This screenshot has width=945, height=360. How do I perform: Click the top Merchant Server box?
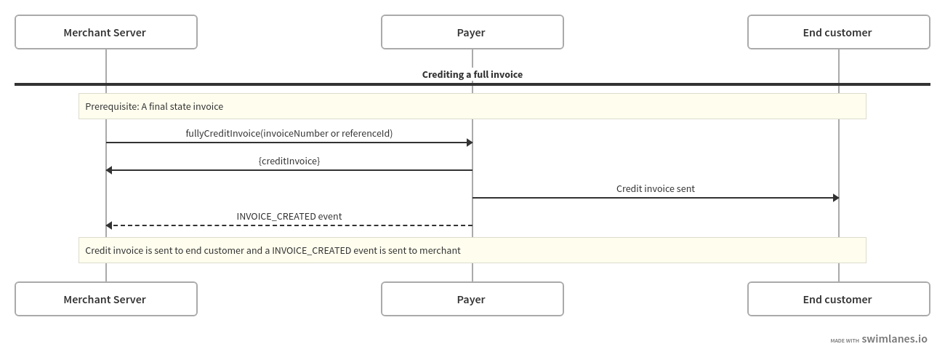point(106,32)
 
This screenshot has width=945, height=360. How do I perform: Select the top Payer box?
point(472,32)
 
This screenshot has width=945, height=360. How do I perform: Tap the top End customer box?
point(839,32)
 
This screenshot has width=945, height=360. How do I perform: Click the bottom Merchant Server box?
point(106,299)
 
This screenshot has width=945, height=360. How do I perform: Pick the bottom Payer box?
point(472,299)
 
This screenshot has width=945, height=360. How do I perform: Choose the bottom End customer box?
point(839,299)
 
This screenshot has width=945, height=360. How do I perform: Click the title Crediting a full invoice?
point(472,74)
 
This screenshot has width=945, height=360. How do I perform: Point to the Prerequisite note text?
point(154,106)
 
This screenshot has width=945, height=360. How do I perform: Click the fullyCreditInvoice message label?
point(289,133)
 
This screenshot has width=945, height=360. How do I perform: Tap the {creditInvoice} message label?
point(289,161)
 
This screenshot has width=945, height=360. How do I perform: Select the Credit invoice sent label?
point(655,188)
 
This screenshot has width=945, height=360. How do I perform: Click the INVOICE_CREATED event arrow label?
point(289,216)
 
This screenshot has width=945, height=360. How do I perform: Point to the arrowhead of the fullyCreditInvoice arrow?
point(470,143)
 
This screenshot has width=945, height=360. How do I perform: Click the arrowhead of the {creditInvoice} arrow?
point(109,170)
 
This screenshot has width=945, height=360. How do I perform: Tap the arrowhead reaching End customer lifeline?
point(836,198)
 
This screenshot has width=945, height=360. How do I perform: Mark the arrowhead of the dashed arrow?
point(109,225)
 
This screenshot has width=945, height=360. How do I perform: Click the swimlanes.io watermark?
point(894,339)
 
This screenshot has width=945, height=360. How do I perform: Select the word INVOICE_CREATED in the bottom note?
point(311,251)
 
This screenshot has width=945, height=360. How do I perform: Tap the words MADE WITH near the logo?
point(845,340)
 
